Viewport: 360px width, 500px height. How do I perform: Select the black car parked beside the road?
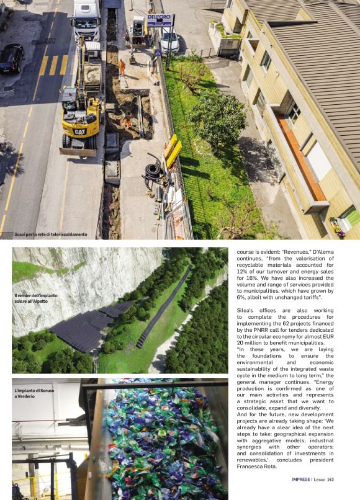[11, 58]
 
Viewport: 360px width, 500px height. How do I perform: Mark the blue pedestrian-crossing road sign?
[157, 53]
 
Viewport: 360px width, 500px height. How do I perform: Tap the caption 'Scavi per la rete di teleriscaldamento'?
[51, 234]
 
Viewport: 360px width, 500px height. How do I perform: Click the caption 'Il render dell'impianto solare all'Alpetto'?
[35, 298]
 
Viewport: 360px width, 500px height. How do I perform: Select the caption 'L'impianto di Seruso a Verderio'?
[34, 393]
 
